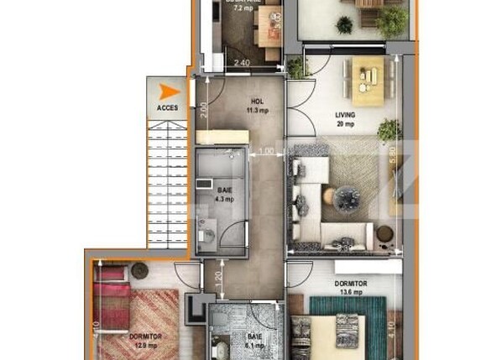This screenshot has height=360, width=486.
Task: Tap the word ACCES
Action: click(167, 108)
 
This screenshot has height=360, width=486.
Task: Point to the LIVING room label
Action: click(344, 115)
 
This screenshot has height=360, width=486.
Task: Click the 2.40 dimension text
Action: click(242, 63)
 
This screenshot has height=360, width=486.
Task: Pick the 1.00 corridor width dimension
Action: click(266, 151)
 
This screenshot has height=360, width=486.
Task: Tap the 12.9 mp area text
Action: click(146, 345)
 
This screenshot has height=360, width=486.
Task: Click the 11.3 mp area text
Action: click(257, 110)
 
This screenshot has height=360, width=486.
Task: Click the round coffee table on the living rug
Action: click(346, 199)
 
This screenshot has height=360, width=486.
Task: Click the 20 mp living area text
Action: click(344, 124)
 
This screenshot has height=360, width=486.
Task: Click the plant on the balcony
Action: click(391, 21)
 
